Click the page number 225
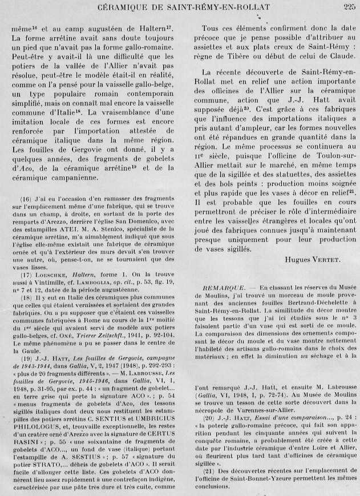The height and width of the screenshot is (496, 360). click(349, 7)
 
